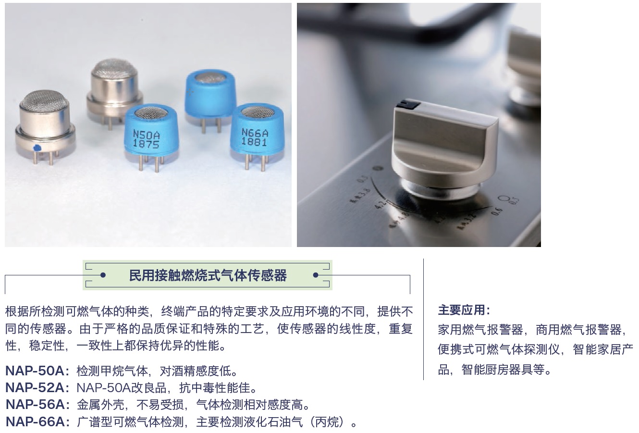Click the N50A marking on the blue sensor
(146, 134)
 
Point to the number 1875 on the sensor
(146, 144)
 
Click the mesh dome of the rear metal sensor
(114, 69)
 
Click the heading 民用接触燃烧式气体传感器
(208, 275)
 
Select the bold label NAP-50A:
(37, 371)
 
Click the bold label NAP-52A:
(37, 388)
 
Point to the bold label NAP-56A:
(37, 405)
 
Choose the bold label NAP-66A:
(37, 422)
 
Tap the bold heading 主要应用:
(464, 310)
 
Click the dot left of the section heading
(103, 275)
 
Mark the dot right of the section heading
(316, 275)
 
